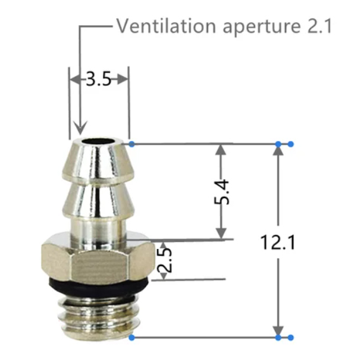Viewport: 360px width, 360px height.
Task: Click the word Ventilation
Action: (166, 26)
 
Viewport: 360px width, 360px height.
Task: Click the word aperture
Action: (262, 27)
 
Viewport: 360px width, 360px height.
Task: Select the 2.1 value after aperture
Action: (319, 26)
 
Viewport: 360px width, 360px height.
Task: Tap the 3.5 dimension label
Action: (98, 79)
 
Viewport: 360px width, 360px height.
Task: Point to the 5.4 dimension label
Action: (222, 192)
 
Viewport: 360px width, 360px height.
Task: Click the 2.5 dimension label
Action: (164, 260)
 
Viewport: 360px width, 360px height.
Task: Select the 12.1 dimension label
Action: (278, 242)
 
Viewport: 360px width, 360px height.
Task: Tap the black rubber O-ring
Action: (98, 286)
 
